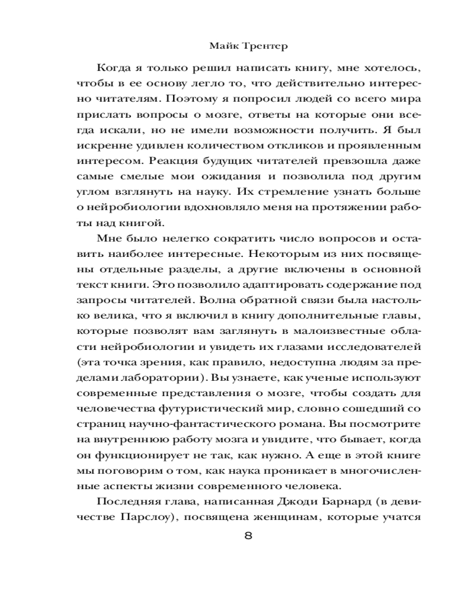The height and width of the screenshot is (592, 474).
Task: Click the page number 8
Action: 248,536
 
